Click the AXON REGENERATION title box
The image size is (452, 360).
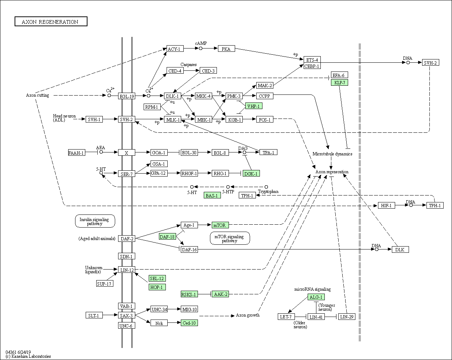[x=51, y=22]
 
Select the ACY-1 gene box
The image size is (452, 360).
[x=175, y=49]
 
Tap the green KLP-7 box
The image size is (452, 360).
[x=339, y=82]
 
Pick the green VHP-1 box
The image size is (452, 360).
[x=254, y=106]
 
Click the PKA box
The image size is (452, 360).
[x=226, y=49]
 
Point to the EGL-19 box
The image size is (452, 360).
[x=126, y=96]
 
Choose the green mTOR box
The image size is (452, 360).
[x=220, y=225]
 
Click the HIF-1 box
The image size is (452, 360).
[x=386, y=205]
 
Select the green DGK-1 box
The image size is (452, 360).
[x=251, y=173]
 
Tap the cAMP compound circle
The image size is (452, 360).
[x=200, y=49]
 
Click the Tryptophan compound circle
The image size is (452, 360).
[x=266, y=187]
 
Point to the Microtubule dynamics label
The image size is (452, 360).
[x=332, y=154]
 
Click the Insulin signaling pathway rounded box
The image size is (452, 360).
[x=95, y=221]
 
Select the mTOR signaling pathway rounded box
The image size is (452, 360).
[x=230, y=238]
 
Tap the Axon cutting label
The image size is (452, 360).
[x=38, y=95]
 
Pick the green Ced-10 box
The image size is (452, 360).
[x=189, y=323]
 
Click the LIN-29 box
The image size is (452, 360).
[x=347, y=317]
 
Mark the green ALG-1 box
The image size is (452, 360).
[x=316, y=297]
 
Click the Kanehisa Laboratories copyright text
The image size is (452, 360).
[x=28, y=356]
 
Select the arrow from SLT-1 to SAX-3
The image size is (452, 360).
[x=110, y=315]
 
